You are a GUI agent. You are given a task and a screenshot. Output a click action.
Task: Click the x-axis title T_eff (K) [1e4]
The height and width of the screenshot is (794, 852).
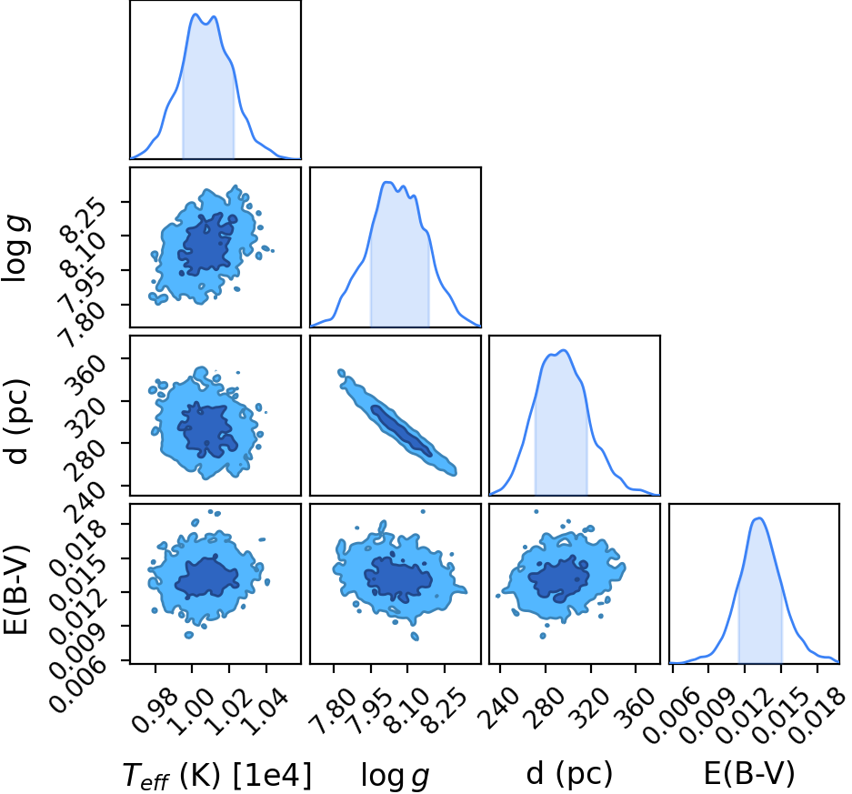point(217,775)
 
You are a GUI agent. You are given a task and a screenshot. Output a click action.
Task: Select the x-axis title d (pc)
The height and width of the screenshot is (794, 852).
point(569,773)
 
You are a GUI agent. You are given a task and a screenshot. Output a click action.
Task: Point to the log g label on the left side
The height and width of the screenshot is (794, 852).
point(16,248)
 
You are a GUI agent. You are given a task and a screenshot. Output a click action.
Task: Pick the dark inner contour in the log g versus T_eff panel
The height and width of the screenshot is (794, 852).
point(207,244)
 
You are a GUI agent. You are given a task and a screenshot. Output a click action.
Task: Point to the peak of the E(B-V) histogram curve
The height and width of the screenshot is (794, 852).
point(759,518)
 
